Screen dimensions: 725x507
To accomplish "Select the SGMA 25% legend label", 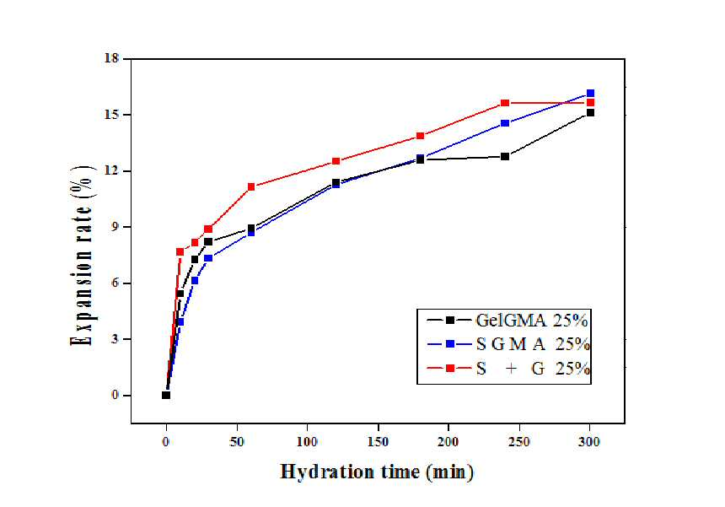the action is coord(533,344).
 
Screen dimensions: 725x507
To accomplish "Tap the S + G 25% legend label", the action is coord(533,369).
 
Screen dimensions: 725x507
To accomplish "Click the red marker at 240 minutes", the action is coord(505,103).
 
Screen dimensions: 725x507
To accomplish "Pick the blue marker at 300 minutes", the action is coord(590,94).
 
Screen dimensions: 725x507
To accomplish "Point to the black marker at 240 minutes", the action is coord(505,157).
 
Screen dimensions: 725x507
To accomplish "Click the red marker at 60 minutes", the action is coord(251,187).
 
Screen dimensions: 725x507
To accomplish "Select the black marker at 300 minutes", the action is coord(590,113).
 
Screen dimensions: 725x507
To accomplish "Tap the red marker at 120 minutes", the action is coord(336,161).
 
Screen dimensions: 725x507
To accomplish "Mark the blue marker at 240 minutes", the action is coord(505,123).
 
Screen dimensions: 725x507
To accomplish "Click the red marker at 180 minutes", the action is coord(421,136).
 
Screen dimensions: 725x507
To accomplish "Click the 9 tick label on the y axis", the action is coord(115,227).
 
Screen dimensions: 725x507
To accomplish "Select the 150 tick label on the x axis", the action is coord(379,442).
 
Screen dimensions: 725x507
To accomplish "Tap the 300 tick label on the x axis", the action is coord(590,442).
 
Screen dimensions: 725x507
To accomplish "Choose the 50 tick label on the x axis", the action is coord(237,442).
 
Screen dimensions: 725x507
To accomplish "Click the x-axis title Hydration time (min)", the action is coord(378,472).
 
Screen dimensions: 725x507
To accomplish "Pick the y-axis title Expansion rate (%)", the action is coord(83,256).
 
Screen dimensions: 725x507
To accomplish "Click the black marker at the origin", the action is coord(166,395).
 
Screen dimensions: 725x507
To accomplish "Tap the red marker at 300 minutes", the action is coord(590,103).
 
